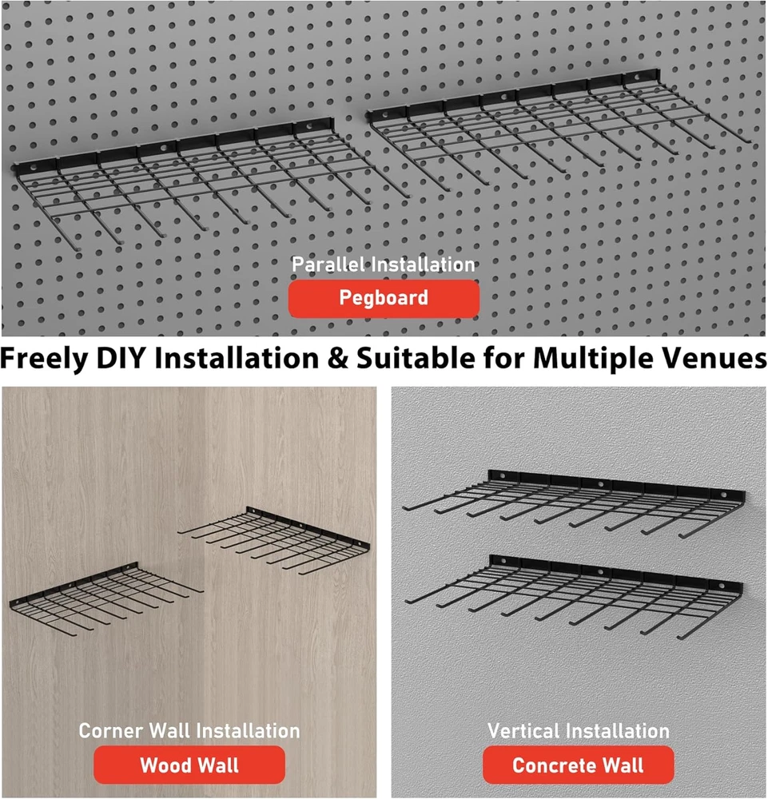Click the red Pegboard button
[x=384, y=298]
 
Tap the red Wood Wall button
[x=189, y=765]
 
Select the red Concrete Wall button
[x=578, y=765]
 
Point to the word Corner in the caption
[x=110, y=731]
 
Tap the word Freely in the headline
[x=44, y=359]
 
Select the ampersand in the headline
[x=337, y=358]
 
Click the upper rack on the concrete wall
[x=573, y=502]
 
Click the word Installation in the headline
[x=237, y=358]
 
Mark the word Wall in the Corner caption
[x=169, y=731]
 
